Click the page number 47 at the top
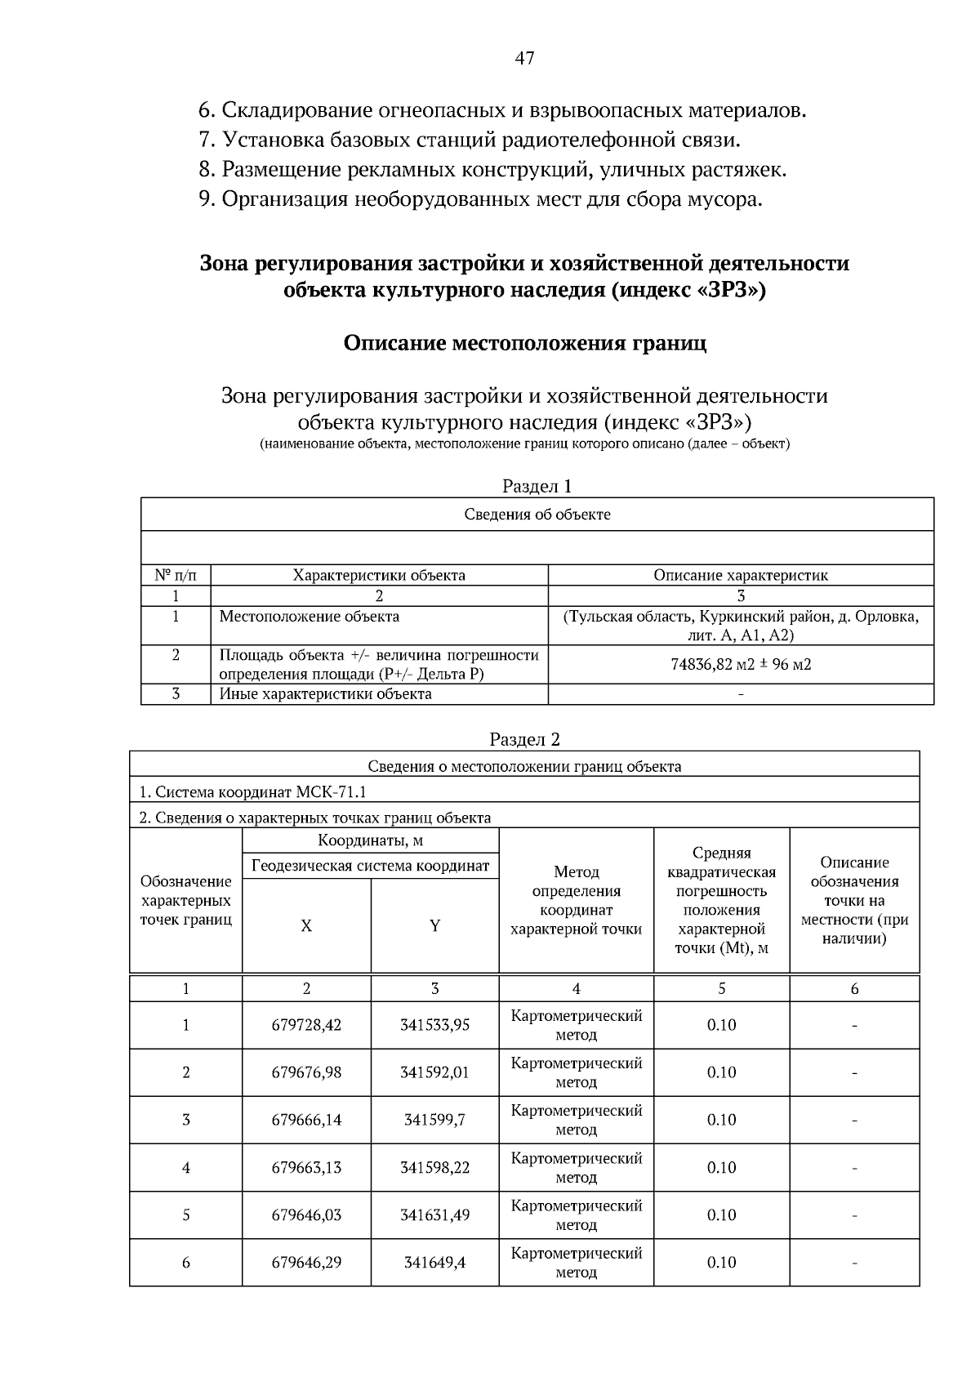click(x=524, y=58)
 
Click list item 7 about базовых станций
click(x=470, y=140)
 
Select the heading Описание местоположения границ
click(x=524, y=343)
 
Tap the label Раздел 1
click(x=537, y=487)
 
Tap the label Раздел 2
click(x=524, y=740)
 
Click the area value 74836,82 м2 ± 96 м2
click(x=740, y=664)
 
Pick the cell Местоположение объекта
click(x=310, y=617)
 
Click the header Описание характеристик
click(x=740, y=575)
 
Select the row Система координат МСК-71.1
click(x=252, y=792)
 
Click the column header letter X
click(x=306, y=926)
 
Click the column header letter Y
click(x=434, y=926)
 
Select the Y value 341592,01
click(x=434, y=1072)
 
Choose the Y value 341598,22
click(x=434, y=1168)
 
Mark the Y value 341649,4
click(x=434, y=1263)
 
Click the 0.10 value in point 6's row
click(x=721, y=1263)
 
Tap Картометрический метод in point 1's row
click(x=576, y=1025)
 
